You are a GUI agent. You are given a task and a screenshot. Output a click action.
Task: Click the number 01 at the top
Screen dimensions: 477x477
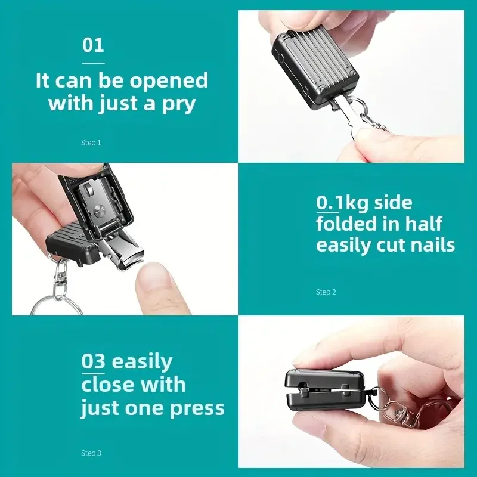coord(93,45)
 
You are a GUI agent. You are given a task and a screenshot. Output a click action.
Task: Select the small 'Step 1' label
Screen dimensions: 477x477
coord(91,143)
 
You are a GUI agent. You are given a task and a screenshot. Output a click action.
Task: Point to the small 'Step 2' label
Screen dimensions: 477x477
coord(326,292)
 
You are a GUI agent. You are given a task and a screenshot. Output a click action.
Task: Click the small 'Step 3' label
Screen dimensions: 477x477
coord(91,453)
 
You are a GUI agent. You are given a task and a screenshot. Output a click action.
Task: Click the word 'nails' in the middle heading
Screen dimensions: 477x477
coord(427,244)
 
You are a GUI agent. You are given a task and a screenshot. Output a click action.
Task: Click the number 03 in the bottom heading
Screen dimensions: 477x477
coord(94,361)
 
